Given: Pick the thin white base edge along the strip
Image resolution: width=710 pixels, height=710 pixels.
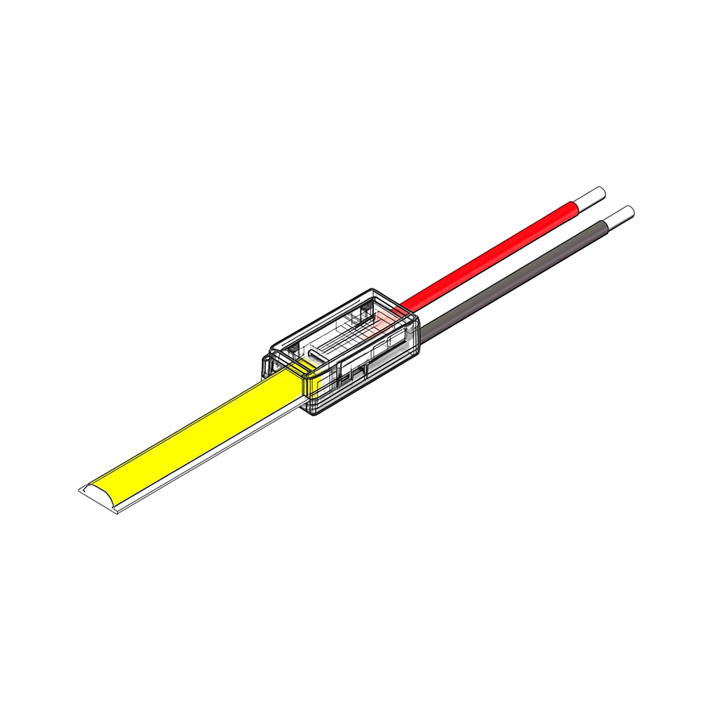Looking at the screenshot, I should pos(208,461).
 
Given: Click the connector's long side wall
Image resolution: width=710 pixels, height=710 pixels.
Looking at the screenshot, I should pos(361,378).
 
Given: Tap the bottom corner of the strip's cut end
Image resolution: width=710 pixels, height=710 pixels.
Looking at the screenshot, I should pos(119,514).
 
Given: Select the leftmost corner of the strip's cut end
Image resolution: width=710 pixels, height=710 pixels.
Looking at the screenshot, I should pos(79,491).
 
